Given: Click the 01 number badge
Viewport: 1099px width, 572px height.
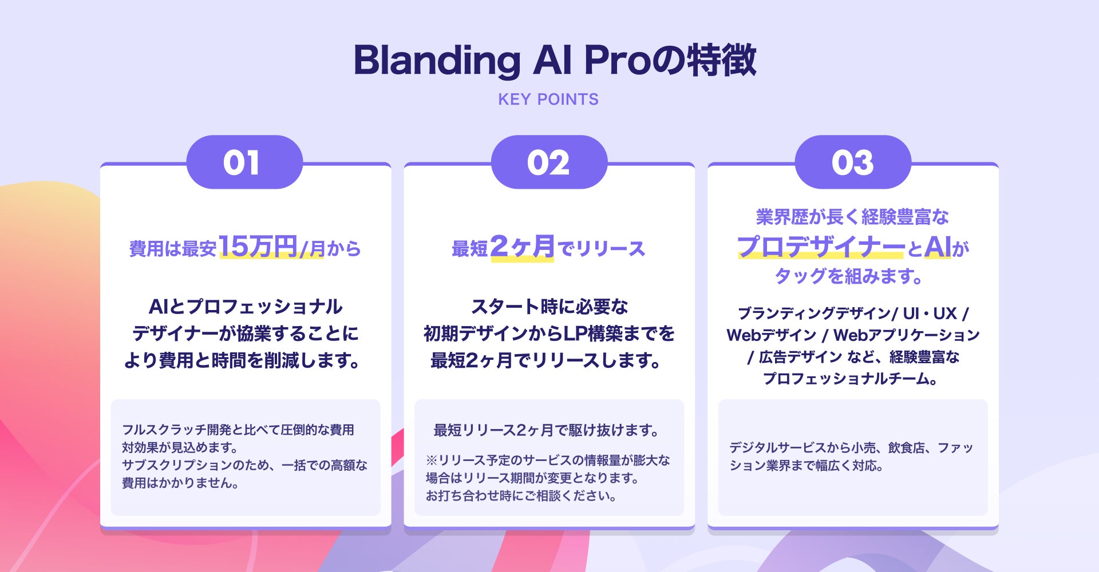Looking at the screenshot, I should (x=244, y=162).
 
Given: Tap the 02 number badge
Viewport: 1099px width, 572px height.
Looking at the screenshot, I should (x=548, y=162).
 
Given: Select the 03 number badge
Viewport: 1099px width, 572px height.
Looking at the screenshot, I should (x=853, y=162).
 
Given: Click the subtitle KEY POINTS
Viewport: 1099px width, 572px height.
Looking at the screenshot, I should (x=548, y=100).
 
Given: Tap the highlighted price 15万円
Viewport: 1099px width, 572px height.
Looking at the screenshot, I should (x=258, y=247).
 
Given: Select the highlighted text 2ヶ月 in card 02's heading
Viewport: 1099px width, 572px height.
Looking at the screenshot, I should (x=522, y=247).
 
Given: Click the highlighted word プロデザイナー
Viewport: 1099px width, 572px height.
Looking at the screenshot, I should (x=821, y=247).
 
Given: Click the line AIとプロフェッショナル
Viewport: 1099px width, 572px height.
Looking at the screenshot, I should (x=246, y=307).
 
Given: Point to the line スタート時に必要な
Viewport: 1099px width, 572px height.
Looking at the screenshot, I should (x=549, y=307).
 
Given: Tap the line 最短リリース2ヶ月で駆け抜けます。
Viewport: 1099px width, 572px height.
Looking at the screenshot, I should (x=547, y=430).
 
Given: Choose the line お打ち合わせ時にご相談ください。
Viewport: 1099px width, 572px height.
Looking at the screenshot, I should (x=521, y=496).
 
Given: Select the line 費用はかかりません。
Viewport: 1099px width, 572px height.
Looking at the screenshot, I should (x=180, y=483).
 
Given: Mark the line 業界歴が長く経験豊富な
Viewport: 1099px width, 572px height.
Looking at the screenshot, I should (x=852, y=217).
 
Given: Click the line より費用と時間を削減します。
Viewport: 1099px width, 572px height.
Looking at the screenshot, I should (x=243, y=360).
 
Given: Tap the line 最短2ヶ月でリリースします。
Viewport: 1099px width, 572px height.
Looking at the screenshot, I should (x=546, y=360).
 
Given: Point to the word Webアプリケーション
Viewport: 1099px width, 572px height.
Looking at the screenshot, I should (x=907, y=335).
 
